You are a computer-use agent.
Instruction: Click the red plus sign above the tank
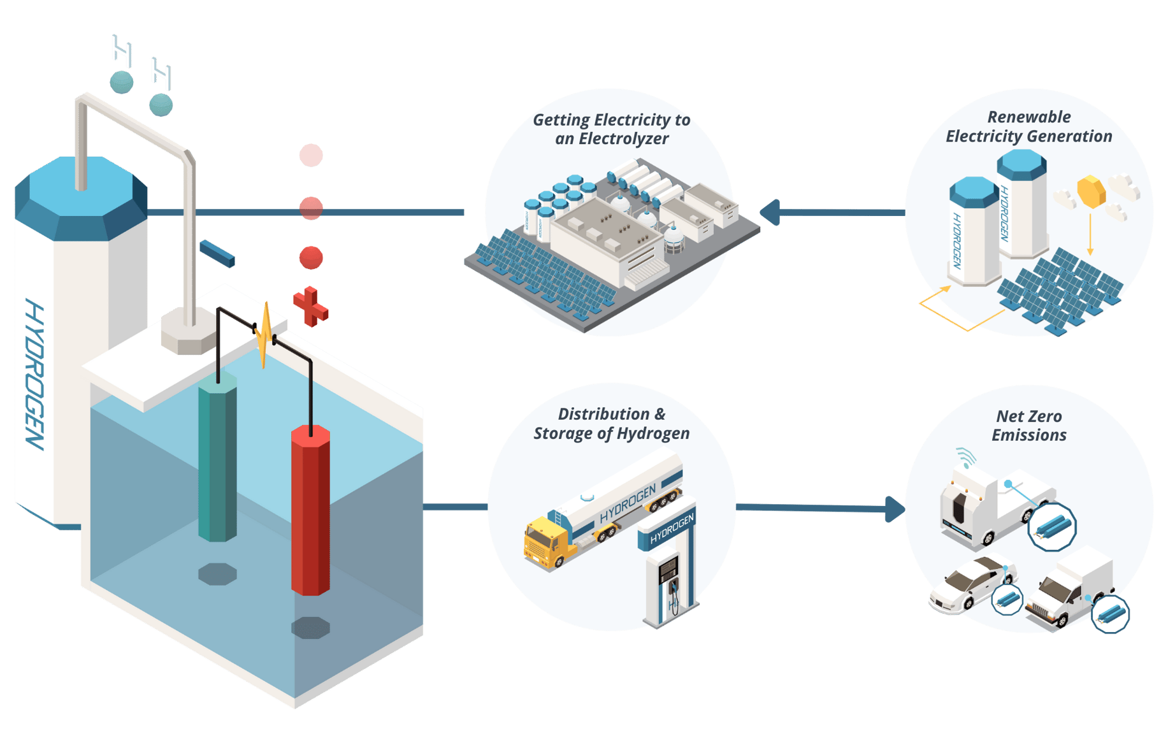coord(310,307)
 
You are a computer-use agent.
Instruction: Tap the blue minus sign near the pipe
coord(217,253)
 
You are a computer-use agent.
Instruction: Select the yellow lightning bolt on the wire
coord(264,335)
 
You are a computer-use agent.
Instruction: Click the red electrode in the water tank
coord(310,510)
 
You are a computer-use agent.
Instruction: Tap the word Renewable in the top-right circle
coord(1028,117)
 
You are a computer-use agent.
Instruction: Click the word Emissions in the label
coord(1028,435)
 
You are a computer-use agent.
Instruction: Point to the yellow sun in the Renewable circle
coord(1090,192)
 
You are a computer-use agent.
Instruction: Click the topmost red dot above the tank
coord(311,155)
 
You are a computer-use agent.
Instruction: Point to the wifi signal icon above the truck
coord(965,456)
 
